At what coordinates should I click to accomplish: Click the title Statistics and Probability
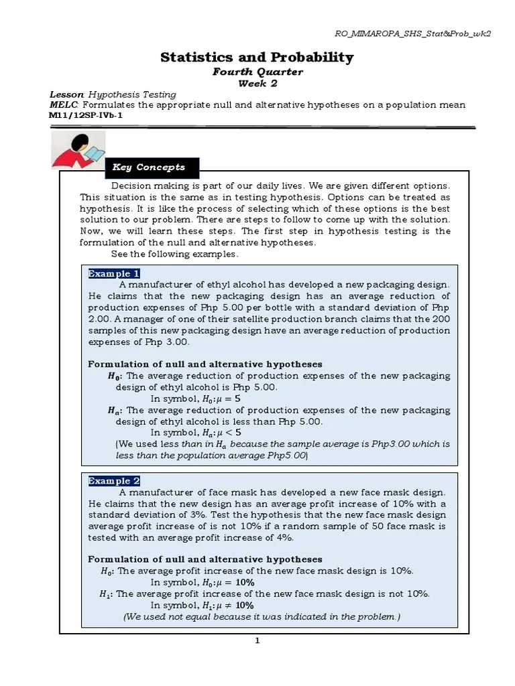point(257,58)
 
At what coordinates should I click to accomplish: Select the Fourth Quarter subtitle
point(257,72)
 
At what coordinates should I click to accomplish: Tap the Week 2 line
point(257,83)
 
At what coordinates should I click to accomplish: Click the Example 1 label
point(114,273)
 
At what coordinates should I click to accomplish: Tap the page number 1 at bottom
point(257,640)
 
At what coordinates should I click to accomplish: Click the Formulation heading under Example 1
point(205,364)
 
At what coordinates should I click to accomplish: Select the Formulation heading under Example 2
point(205,559)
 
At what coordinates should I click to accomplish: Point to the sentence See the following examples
point(174,254)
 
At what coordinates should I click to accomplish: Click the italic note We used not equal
point(262,616)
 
